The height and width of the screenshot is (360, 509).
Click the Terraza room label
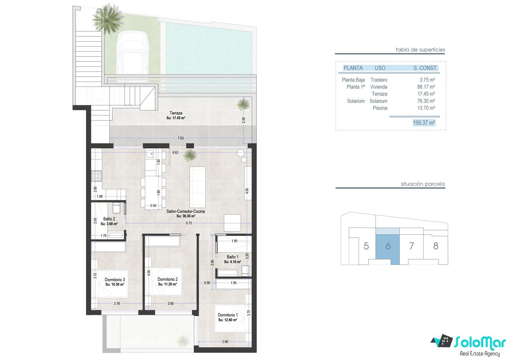pyautogui.click(x=176, y=113)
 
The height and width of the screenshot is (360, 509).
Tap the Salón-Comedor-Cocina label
pyautogui.click(x=186, y=212)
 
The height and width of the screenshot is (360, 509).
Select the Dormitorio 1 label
pyautogui.click(x=228, y=315)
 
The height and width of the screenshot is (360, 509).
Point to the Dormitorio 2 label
pyautogui.click(x=168, y=279)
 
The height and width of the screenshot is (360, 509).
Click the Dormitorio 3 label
pyautogui.click(x=115, y=280)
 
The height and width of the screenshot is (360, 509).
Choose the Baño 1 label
pyautogui.click(x=233, y=257)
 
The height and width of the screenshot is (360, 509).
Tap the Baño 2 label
pyautogui.click(x=109, y=219)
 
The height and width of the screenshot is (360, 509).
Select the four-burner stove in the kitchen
pyautogui.click(x=96, y=176)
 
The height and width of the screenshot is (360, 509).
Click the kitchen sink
pyautogui.click(x=150, y=154)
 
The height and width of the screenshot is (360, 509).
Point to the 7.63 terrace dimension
pyautogui.click(x=180, y=138)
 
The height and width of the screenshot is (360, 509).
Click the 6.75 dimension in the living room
pyautogui.click(x=189, y=223)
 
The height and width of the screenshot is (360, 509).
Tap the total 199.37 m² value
pyautogui.click(x=424, y=123)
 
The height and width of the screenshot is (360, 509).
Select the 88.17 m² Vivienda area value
pyautogui.click(x=426, y=87)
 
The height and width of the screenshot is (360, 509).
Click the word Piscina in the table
pyautogui.click(x=380, y=108)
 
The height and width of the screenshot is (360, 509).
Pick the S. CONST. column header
pyautogui.click(x=425, y=68)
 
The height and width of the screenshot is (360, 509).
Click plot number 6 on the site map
pyautogui.click(x=388, y=246)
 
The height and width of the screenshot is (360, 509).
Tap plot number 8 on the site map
pyautogui.click(x=435, y=246)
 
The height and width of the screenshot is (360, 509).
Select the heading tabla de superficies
pyautogui.click(x=421, y=49)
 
